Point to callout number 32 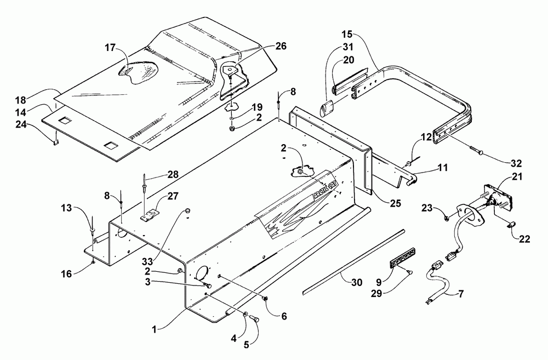click(x=516, y=163)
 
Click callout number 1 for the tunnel click(x=155, y=329)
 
